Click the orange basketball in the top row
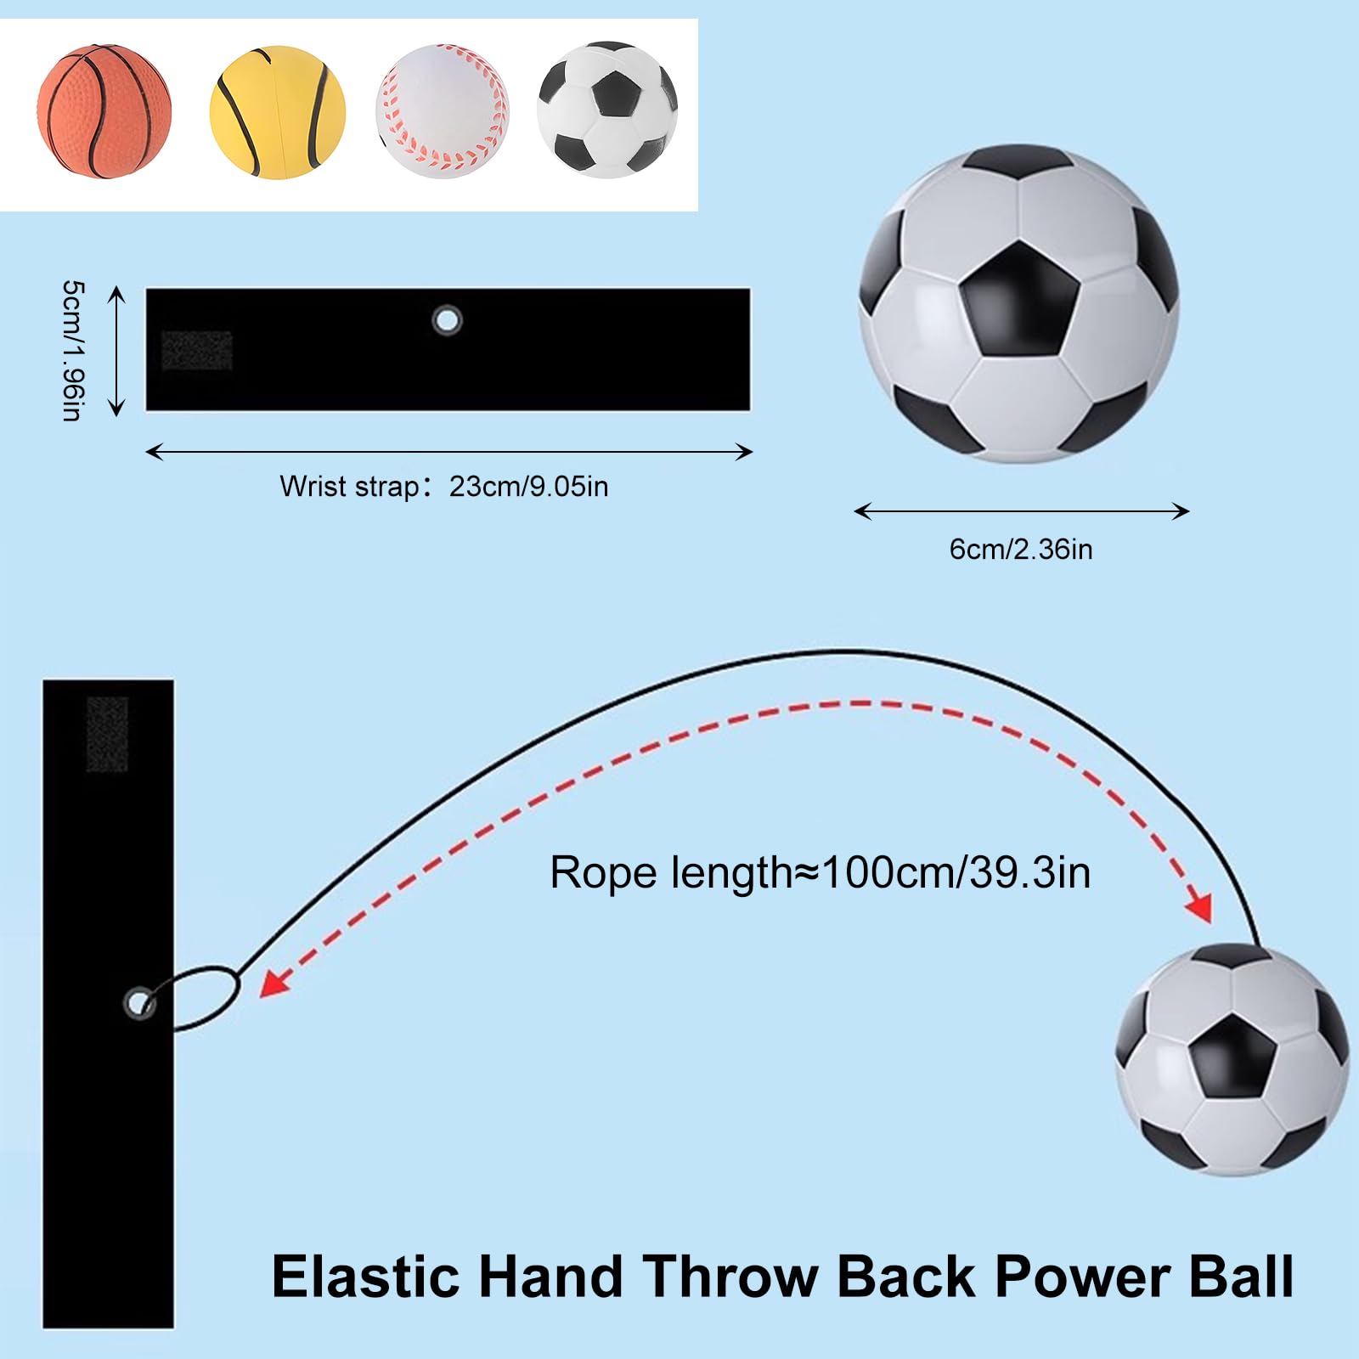[x=104, y=111]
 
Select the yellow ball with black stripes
[x=277, y=112]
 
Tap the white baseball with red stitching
[x=442, y=111]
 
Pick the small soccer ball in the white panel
[x=606, y=110]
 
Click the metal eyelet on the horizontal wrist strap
[x=447, y=320]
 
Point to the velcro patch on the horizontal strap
[x=196, y=350]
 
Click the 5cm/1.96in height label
[x=74, y=350]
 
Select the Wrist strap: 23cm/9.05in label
[x=443, y=487]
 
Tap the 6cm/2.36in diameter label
[x=1020, y=550]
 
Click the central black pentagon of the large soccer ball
[x=1019, y=299]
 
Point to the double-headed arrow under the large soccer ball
[x=1021, y=510]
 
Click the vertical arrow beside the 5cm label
[x=117, y=351]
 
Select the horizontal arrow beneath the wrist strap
[x=448, y=452]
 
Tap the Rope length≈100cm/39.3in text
[x=820, y=872]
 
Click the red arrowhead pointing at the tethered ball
[x=1199, y=907]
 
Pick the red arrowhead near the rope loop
[x=273, y=984]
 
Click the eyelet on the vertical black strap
[x=138, y=1002]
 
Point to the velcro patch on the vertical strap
[x=107, y=734]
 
